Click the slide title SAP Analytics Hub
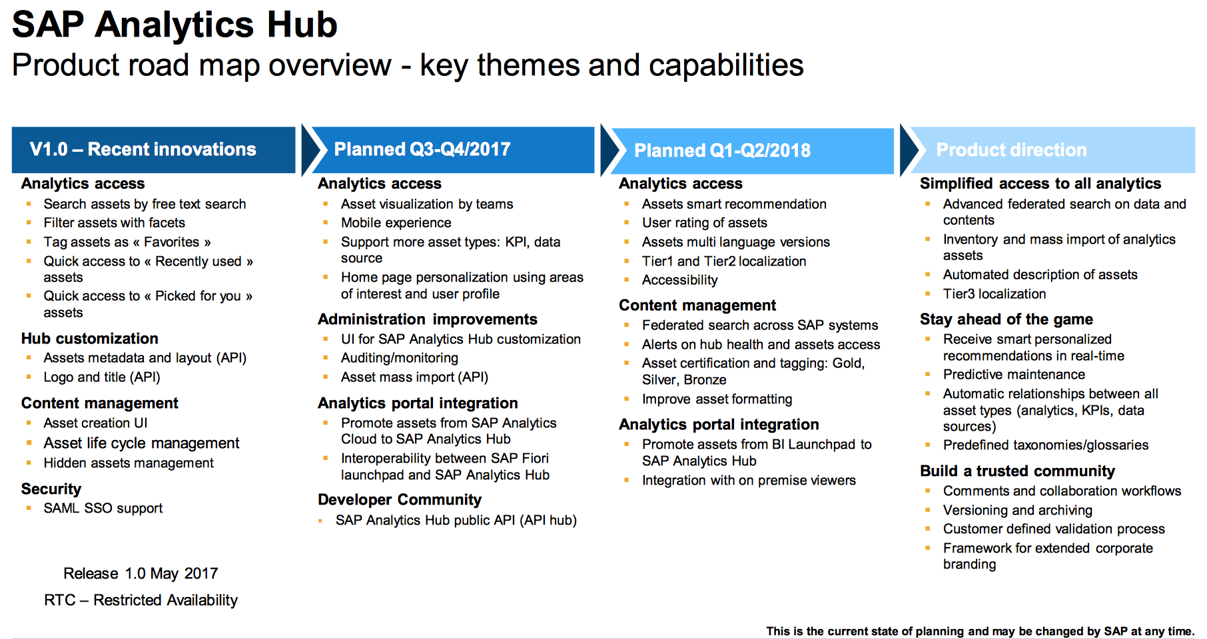pos(175,25)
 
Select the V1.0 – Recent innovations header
pos(143,149)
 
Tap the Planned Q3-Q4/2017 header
pos(422,149)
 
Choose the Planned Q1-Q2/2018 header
pos(722,150)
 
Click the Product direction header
pos(1011,150)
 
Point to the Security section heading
pos(51,489)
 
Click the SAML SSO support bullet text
pos(103,509)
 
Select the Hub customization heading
pos(90,338)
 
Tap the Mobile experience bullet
pos(396,223)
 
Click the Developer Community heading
pos(400,500)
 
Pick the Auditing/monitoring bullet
pos(400,358)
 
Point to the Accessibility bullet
pos(679,280)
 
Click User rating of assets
pos(704,223)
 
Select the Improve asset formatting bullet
pos(717,399)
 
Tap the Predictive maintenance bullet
pos(1014,375)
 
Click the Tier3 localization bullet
pos(994,294)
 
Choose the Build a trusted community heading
pos(1017,471)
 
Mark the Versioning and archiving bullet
pos(1017,511)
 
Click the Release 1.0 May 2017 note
pos(141,574)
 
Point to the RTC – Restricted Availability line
pos(141,600)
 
